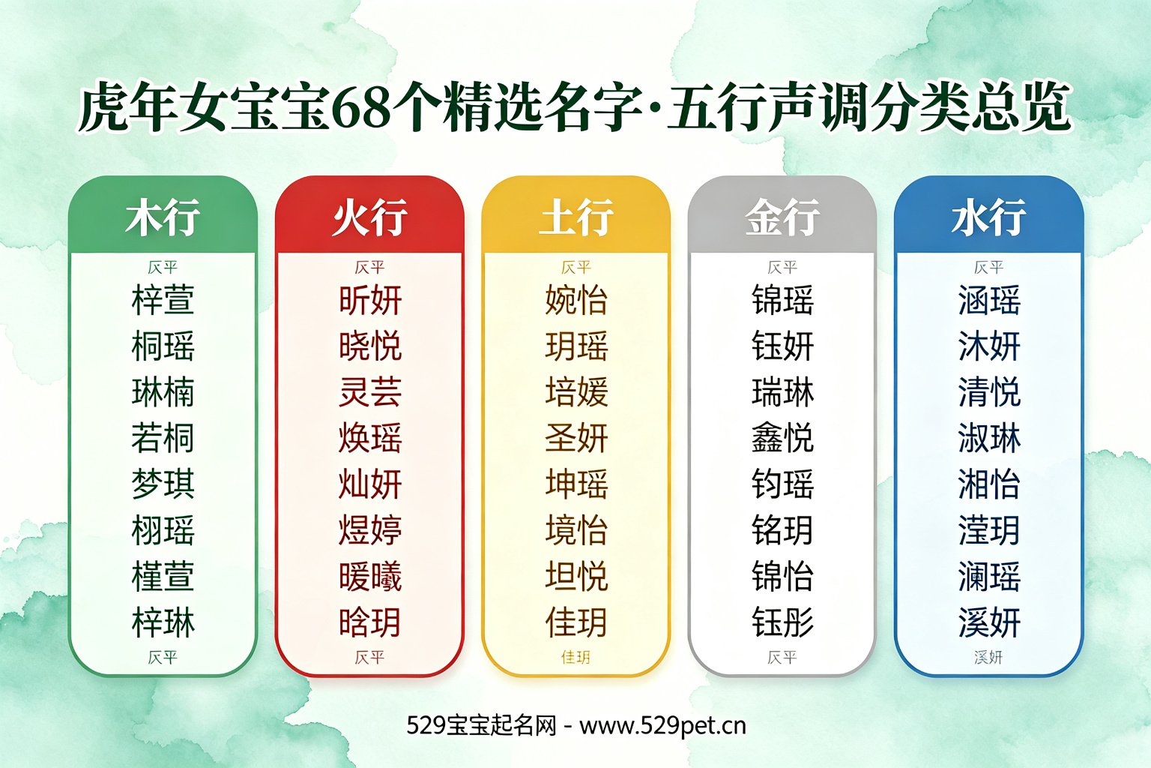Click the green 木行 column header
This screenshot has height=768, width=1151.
[163, 217]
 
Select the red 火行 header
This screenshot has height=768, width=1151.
[369, 217]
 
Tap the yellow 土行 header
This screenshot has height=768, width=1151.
[576, 217]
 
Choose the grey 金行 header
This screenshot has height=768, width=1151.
[782, 217]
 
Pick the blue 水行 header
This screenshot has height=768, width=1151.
[988, 217]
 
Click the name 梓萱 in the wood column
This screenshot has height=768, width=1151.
[163, 299]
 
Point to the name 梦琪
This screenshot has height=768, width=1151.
[163, 484]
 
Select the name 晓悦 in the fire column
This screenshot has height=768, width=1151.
[370, 345]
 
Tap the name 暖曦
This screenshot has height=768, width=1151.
[370, 575]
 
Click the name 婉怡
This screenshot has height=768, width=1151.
[576, 299]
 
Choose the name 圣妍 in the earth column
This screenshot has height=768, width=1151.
[576, 438]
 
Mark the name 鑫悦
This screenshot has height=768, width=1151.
[782, 438]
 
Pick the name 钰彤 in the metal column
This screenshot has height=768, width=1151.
[782, 622]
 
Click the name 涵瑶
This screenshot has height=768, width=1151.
[989, 299]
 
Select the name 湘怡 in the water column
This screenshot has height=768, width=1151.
[989, 484]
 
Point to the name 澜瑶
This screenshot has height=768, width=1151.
[989, 575]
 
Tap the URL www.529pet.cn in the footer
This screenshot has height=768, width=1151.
[662, 726]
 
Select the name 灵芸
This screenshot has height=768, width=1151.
[370, 391]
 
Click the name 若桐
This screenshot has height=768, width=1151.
[163, 438]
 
